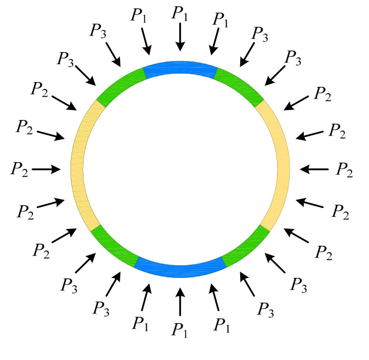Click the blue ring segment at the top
click(x=180, y=67)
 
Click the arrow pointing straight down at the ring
click(x=180, y=37)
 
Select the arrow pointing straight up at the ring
click(x=180, y=301)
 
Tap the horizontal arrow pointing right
click(x=46, y=169)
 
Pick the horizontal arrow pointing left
click(x=314, y=169)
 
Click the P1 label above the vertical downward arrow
click(x=180, y=13)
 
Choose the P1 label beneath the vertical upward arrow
click(x=180, y=330)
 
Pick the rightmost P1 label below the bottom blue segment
click(x=222, y=325)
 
